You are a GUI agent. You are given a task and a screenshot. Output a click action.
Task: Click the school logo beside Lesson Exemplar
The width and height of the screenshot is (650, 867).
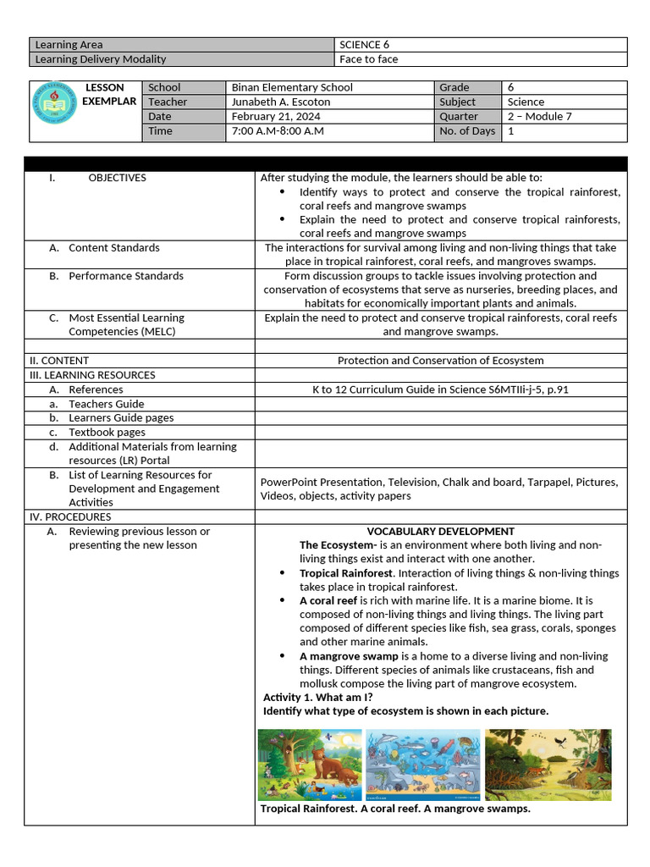pyautogui.click(x=54, y=111)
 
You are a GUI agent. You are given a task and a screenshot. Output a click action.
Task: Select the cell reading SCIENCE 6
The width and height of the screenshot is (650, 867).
pyautogui.click(x=364, y=45)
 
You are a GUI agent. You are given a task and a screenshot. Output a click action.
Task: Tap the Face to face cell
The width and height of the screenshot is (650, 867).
pyautogui.click(x=368, y=59)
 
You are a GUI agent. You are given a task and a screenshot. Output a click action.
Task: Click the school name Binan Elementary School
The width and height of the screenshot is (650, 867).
pyautogui.click(x=292, y=87)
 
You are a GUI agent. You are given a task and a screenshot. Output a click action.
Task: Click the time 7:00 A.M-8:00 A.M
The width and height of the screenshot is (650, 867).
pyautogui.click(x=278, y=130)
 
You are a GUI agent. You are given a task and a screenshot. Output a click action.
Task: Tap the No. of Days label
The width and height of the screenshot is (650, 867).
pyautogui.click(x=467, y=130)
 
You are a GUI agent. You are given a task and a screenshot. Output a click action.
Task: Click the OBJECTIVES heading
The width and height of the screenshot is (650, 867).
pyautogui.click(x=117, y=178)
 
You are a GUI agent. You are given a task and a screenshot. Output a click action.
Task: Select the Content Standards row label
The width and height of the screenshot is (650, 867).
pyautogui.click(x=113, y=248)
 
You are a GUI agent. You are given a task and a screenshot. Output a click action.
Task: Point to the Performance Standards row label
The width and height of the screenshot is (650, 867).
pyautogui.click(x=125, y=276)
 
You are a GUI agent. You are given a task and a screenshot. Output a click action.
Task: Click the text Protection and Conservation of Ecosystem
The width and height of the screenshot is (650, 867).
pyautogui.click(x=440, y=361)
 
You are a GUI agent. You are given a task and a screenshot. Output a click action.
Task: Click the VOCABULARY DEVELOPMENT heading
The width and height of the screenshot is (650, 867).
pyautogui.click(x=440, y=531)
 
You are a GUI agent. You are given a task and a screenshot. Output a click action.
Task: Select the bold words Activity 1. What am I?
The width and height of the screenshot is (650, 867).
pyautogui.click(x=317, y=697)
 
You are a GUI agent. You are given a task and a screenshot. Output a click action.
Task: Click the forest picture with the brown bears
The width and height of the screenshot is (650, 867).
pyautogui.click(x=309, y=765)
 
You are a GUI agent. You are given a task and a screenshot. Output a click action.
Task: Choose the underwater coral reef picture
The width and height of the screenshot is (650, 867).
pyautogui.click(x=422, y=765)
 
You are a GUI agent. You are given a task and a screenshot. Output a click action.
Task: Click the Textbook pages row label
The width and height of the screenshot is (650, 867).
pyautogui.click(x=107, y=432)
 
